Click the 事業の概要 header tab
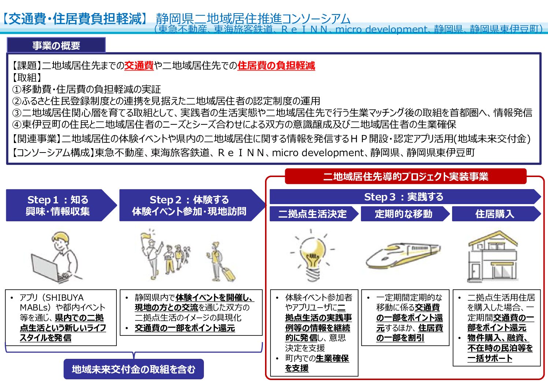pyautogui.click(x=56, y=45)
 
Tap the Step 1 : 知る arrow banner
pyautogui.click(x=61, y=205)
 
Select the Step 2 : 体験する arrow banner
pyautogui.click(x=192, y=205)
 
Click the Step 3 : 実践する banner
pyautogui.click(x=405, y=197)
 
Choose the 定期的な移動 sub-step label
pyautogui.click(x=405, y=214)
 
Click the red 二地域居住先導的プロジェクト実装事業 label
pyautogui.click(x=406, y=176)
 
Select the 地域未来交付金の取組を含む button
pyautogui.click(x=134, y=369)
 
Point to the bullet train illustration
pyautogui.click(x=403, y=255)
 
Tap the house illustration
pyautogui.click(x=493, y=257)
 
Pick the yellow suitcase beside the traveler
pyautogui.click(x=229, y=274)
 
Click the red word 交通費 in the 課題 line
pyautogui.click(x=139, y=65)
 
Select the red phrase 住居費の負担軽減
pyautogui.click(x=276, y=65)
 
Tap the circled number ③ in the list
pyautogui.click(x=17, y=113)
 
